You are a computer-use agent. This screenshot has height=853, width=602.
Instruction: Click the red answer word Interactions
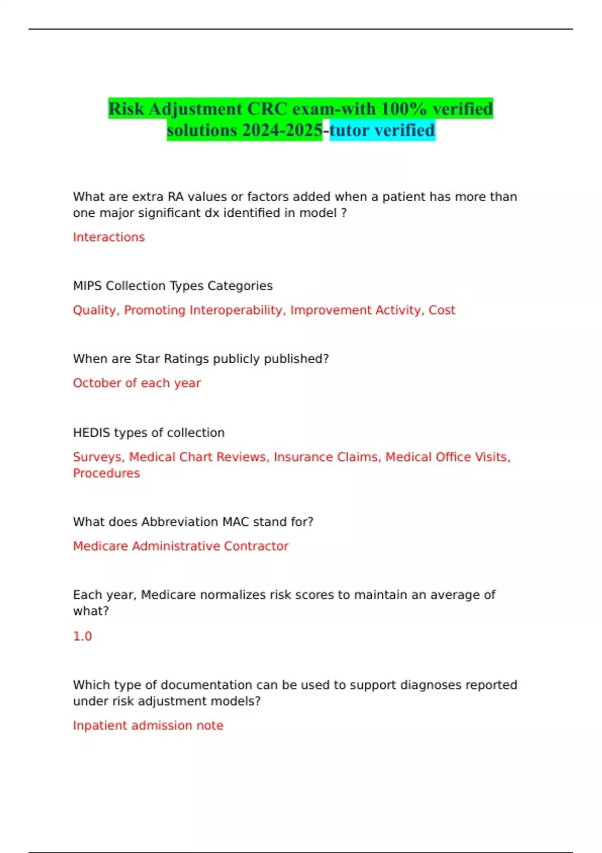(108, 237)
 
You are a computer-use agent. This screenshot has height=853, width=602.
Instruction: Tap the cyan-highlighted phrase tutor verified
(382, 130)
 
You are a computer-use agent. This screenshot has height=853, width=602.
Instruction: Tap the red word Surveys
(98, 457)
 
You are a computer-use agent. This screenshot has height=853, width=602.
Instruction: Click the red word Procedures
(106, 473)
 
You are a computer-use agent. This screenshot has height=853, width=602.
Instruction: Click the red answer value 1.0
(82, 636)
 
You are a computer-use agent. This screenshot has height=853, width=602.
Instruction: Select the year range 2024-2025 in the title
(282, 130)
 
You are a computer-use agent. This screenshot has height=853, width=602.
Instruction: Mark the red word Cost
(441, 310)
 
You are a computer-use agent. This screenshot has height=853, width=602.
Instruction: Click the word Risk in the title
(126, 108)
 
